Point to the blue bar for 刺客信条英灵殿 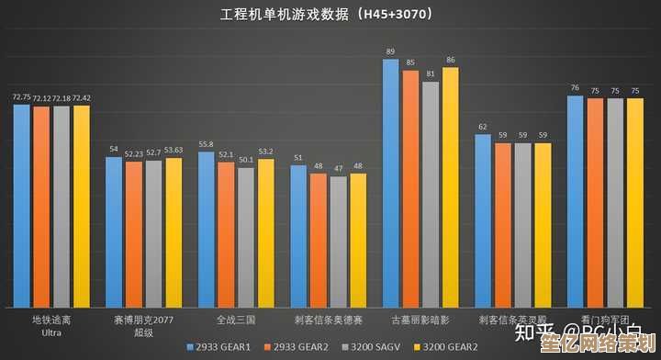(x=483, y=220)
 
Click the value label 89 (x=391, y=51)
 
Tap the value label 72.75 (x=21, y=96)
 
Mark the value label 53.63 (x=174, y=150)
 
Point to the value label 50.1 (x=246, y=160)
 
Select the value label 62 (x=483, y=127)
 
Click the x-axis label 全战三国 (x=235, y=320)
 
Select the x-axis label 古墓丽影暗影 (x=420, y=320)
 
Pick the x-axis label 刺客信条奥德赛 (x=328, y=320)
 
